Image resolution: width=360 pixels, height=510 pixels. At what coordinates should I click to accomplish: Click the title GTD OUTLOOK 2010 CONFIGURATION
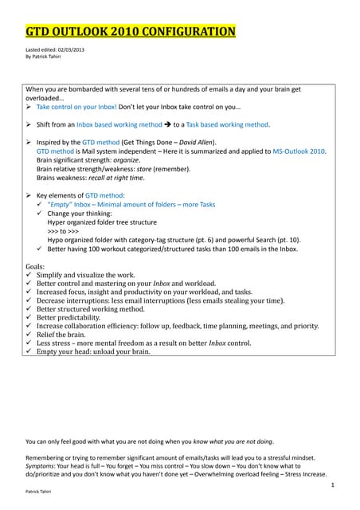click(131, 32)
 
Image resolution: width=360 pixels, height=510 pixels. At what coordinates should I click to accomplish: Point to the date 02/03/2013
click(69, 50)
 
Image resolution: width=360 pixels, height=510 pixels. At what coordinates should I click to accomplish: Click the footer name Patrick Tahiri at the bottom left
click(39, 492)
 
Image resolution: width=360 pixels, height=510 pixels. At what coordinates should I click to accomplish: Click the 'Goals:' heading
click(37, 264)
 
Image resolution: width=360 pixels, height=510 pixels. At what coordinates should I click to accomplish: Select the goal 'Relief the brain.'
click(70, 335)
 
